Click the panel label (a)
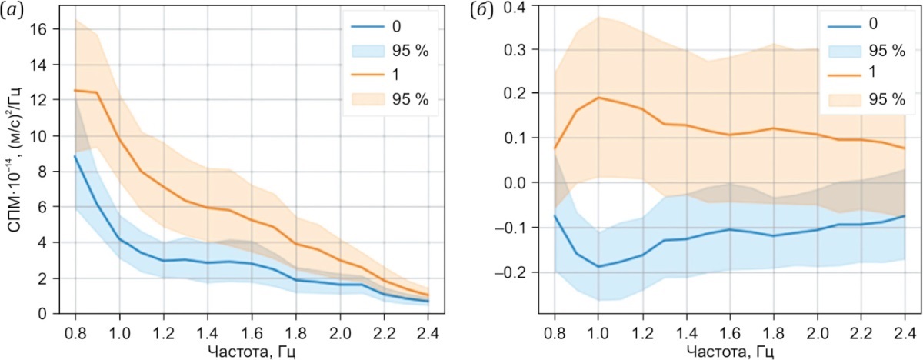click(x=12, y=10)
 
